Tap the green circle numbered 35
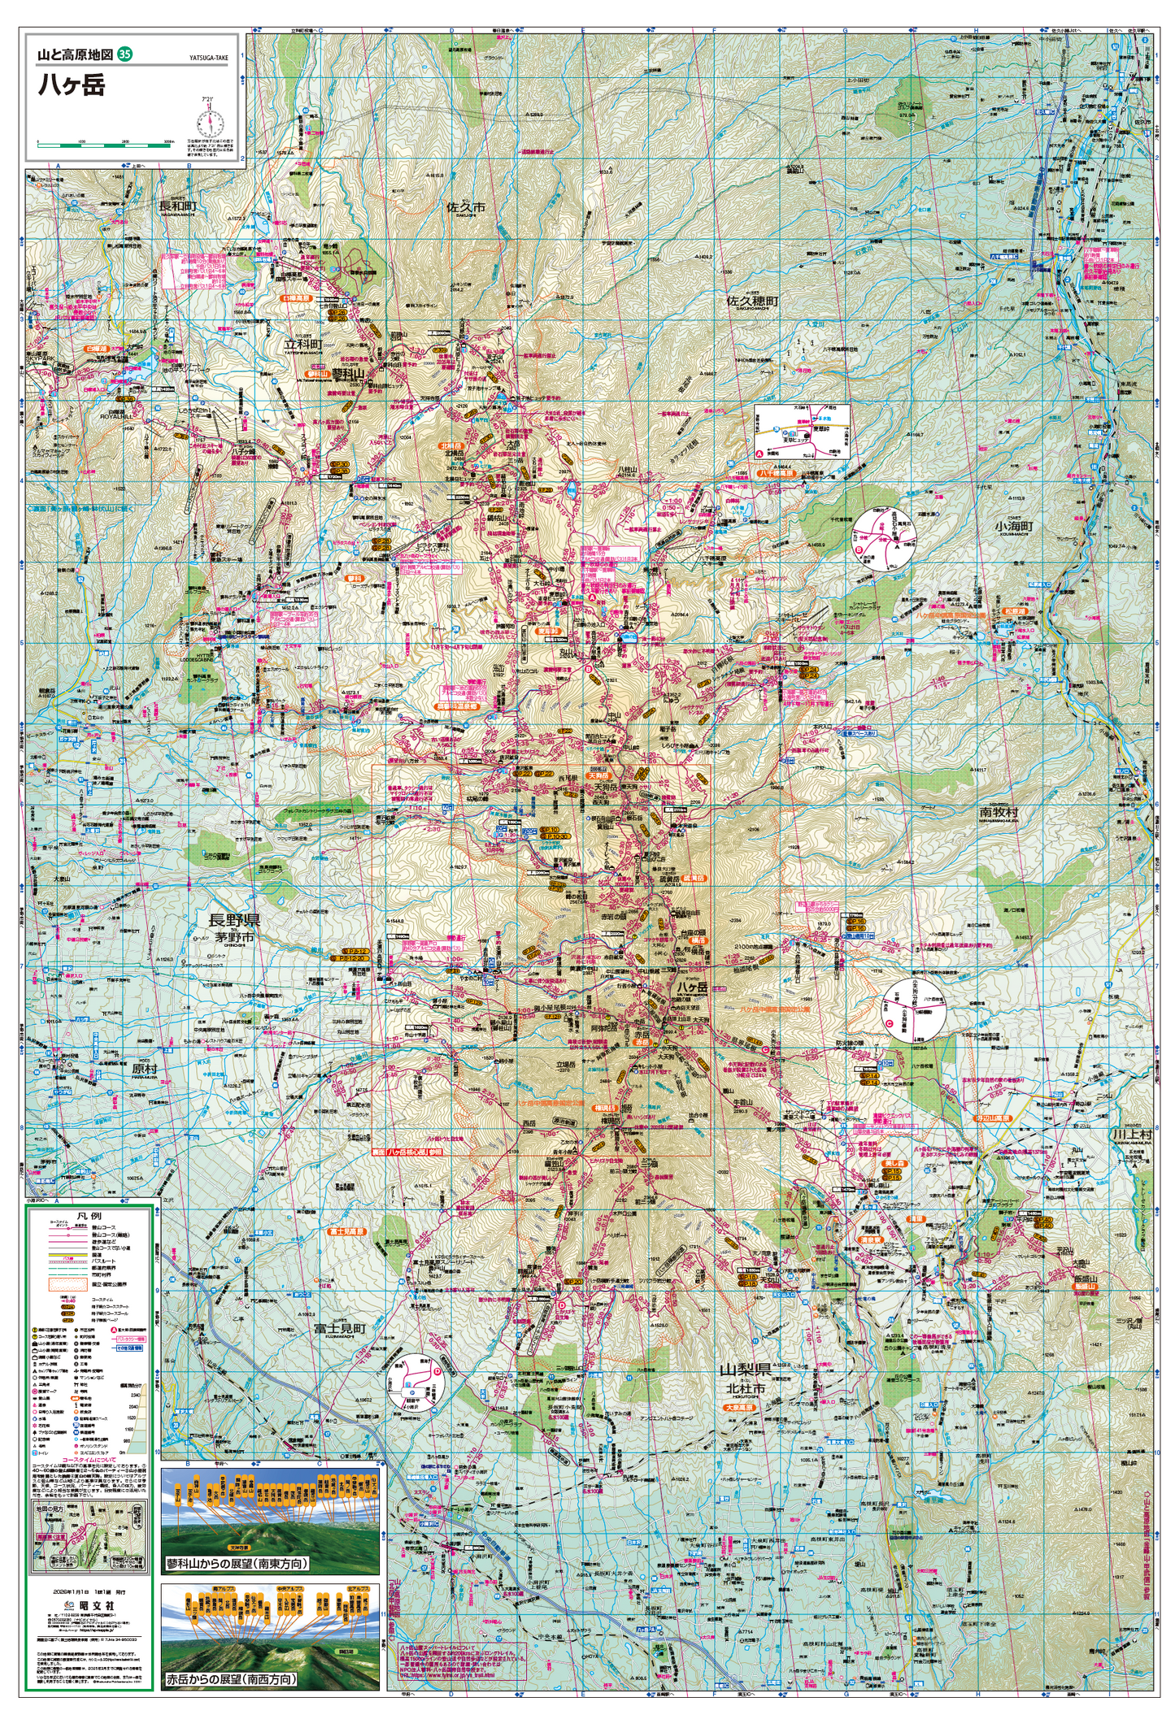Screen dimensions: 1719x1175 click(124, 54)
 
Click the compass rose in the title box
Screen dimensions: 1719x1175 click(209, 124)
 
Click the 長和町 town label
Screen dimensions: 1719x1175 click(177, 206)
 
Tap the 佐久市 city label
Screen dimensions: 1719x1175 click(466, 207)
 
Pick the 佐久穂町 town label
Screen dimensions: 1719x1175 click(752, 301)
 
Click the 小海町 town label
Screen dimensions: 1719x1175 click(1013, 526)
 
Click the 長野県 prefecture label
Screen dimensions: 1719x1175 click(234, 920)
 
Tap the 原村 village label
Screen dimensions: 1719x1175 click(145, 1069)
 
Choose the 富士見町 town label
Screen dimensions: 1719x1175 click(340, 1328)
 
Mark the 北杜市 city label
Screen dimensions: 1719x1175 click(746, 1389)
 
